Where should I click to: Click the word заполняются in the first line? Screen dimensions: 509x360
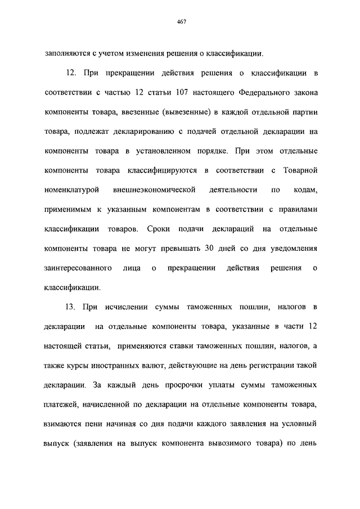65,54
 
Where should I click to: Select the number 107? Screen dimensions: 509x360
191,92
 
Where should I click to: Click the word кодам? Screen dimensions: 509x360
305,190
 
